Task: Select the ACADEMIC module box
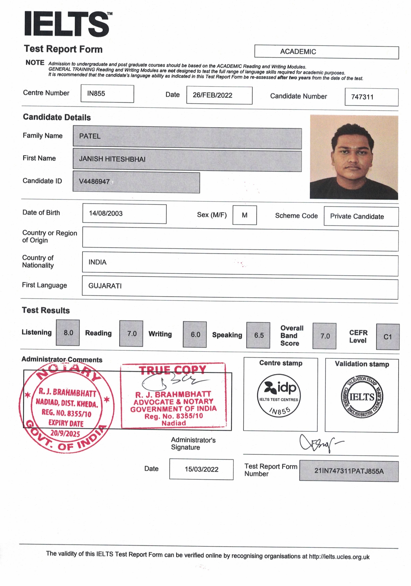[x=326, y=52]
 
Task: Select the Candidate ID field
[x=136, y=182]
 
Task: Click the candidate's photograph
[x=354, y=157]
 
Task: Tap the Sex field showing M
[x=245, y=215]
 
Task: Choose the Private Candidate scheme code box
[x=361, y=217]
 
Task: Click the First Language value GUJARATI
[x=105, y=286]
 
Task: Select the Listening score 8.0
[x=68, y=333]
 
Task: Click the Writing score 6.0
[x=195, y=335]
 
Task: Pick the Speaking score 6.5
[x=258, y=335]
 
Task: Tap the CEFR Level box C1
[x=387, y=337]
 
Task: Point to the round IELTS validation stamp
[x=362, y=397]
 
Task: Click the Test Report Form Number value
[x=349, y=471]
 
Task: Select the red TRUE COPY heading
[x=173, y=370]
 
